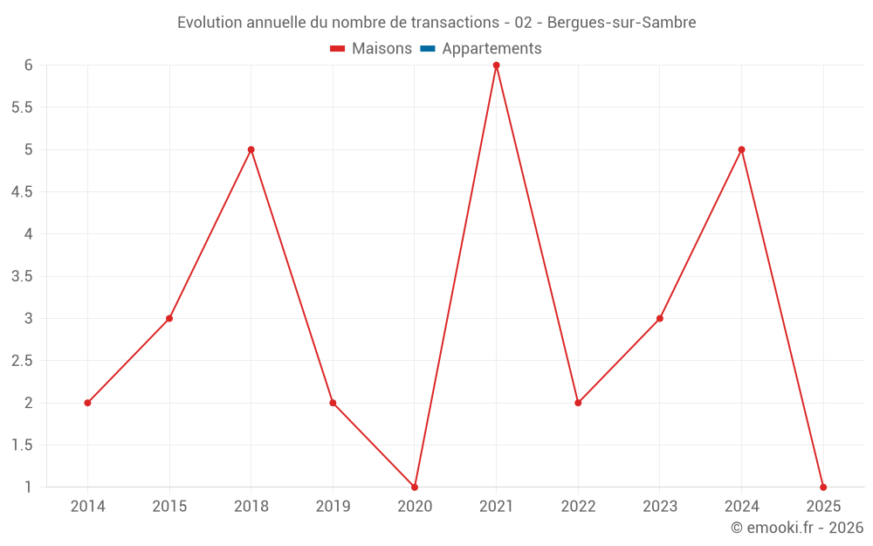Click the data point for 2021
pos(496,66)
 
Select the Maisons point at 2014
pos(87,403)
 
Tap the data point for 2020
pos(414,487)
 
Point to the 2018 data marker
pos(251,149)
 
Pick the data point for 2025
pos(823,487)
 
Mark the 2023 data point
pos(660,318)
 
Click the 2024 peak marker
pos(741,149)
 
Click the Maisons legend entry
pos(371,48)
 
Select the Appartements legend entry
pos(480,48)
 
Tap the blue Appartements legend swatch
pos(428,48)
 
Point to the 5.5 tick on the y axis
pos(22,107)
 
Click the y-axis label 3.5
pos(22,276)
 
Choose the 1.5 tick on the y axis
pos(22,446)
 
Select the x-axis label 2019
pos(333,506)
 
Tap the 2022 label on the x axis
pos(578,506)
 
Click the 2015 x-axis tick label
pos(169,506)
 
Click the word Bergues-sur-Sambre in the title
pos(622,23)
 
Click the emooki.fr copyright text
pos(797,527)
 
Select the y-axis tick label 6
pos(29,66)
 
